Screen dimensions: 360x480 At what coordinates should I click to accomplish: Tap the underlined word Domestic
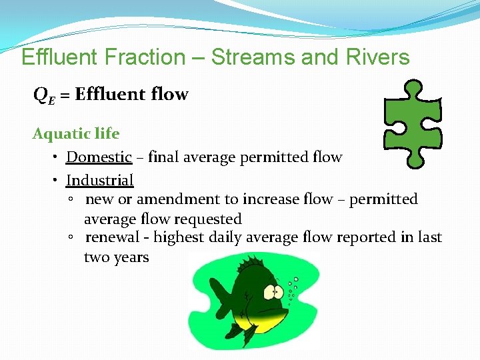(99, 157)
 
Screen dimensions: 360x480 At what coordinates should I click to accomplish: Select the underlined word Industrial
(99, 180)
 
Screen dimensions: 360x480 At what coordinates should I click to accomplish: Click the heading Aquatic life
(76, 134)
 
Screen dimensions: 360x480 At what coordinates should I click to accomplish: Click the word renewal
(113, 238)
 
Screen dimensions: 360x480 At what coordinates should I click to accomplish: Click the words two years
(117, 257)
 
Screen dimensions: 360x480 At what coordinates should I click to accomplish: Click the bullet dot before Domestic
(56, 158)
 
